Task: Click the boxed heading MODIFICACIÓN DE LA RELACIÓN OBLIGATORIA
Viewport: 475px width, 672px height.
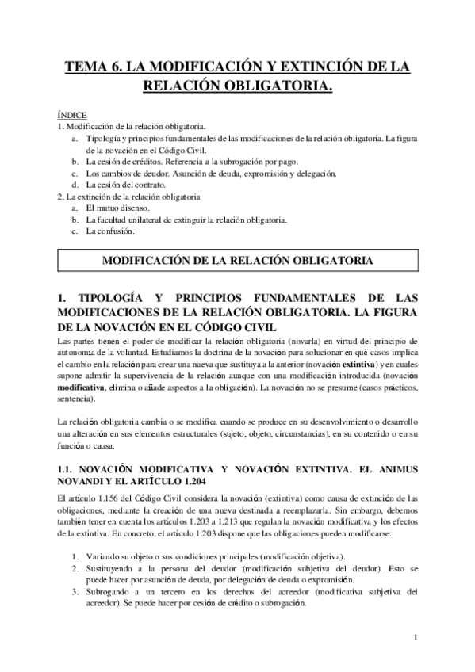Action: click(237, 260)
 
